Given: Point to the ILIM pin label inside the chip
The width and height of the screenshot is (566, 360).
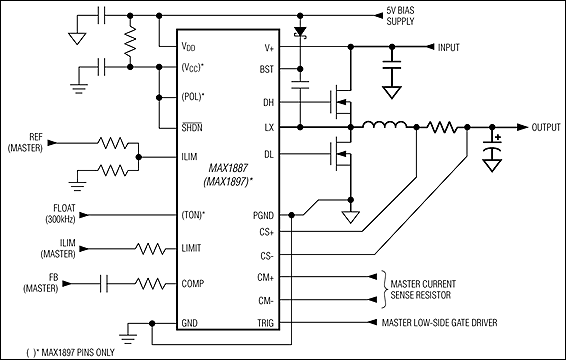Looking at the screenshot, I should point(190,156).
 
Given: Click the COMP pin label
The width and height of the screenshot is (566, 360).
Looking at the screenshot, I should point(192,283).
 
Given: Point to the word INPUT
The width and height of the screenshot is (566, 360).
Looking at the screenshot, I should point(448,47).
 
